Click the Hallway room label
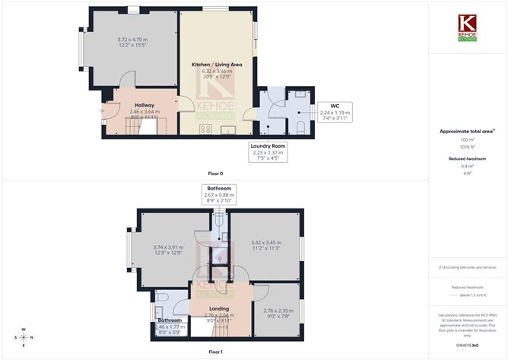[144, 105]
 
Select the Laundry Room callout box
[268, 151]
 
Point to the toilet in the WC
[300, 126]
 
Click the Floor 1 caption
[216, 352]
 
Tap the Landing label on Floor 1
[218, 308]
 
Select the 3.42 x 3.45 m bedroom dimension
[266, 244]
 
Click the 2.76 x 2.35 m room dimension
[277, 311]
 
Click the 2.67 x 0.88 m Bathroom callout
[217, 195]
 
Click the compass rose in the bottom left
[24, 336]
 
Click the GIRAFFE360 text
[466, 346]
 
